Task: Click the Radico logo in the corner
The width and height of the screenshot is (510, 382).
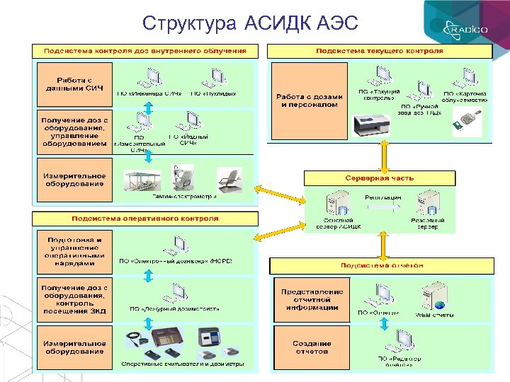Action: pos(467,29)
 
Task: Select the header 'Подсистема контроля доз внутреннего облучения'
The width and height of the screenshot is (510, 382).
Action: pos(145,51)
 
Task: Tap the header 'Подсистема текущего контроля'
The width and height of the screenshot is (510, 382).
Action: pos(379,51)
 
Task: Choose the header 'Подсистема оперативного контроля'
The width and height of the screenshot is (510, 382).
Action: pos(145,219)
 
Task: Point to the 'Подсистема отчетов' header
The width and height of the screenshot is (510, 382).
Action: pos(382,265)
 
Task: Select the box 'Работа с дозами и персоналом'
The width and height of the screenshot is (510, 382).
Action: pos(310,100)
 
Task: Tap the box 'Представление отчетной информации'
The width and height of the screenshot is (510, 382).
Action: pos(312,299)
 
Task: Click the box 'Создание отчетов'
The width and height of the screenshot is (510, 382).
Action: pos(312,347)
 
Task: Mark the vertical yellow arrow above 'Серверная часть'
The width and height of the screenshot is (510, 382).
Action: pos(383,155)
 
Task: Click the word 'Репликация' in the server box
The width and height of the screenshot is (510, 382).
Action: pos(383,196)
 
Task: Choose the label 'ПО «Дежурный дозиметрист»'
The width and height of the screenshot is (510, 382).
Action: pos(174,308)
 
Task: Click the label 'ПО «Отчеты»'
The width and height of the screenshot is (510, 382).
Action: pos(378,313)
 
